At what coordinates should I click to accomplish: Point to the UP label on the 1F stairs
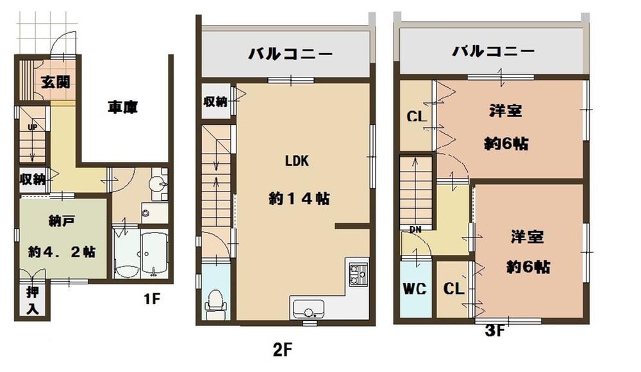tap(31, 127)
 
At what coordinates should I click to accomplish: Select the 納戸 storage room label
tap(62, 222)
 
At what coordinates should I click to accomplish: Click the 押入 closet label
tap(32, 300)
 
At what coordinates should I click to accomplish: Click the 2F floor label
tap(283, 350)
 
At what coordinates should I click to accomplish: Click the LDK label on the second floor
tap(297, 161)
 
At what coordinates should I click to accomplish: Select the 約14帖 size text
tap(299, 199)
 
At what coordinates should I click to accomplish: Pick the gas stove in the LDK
tap(356, 275)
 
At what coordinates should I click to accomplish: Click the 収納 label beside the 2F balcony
tap(215, 102)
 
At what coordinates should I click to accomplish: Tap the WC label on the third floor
tap(413, 288)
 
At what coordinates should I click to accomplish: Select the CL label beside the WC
tap(454, 289)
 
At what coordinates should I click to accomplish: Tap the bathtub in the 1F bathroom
tap(153, 255)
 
